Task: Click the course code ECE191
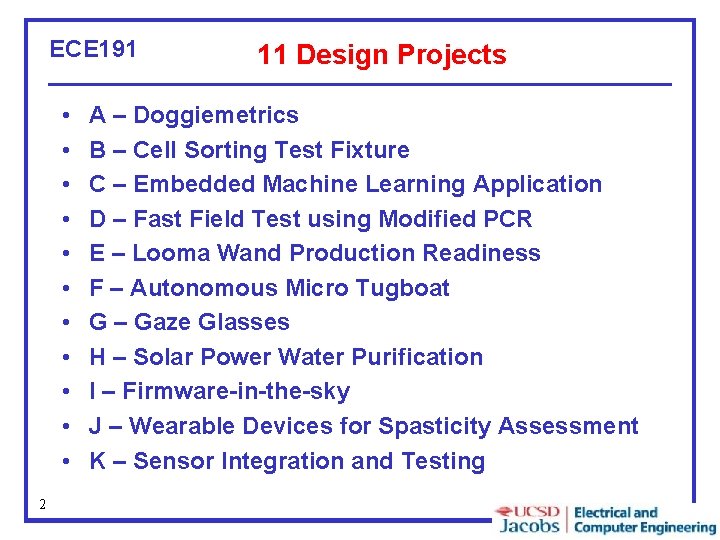[x=93, y=49]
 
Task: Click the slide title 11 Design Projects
[x=381, y=55]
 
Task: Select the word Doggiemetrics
[x=215, y=115]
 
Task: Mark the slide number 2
[x=42, y=504]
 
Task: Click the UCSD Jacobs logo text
[x=528, y=519]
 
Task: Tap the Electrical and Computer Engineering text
[x=644, y=520]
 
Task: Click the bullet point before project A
[x=63, y=116]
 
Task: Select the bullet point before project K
[x=63, y=462]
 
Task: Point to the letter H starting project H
[x=98, y=357]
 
